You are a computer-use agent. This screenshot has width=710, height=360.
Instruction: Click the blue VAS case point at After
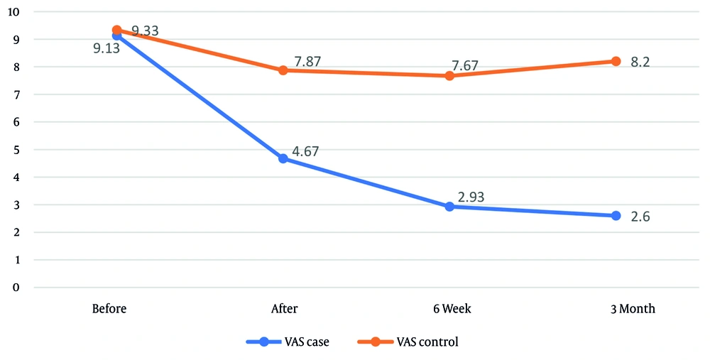tap(283, 159)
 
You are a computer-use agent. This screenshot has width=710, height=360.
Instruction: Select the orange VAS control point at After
tap(283, 70)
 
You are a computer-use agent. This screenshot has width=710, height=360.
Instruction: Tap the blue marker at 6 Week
tap(449, 207)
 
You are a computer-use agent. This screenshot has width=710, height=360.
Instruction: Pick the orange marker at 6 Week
tap(449, 76)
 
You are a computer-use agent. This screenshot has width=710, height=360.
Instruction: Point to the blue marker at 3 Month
tap(616, 216)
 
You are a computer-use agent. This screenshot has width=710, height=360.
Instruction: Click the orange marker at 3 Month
tap(616, 61)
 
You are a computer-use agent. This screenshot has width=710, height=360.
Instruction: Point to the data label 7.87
tap(307, 62)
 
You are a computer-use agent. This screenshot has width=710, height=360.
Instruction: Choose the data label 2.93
tap(471, 197)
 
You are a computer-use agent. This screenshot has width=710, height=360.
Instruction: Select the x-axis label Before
tap(110, 310)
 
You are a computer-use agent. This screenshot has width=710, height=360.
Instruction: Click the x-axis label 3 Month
tap(632, 310)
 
